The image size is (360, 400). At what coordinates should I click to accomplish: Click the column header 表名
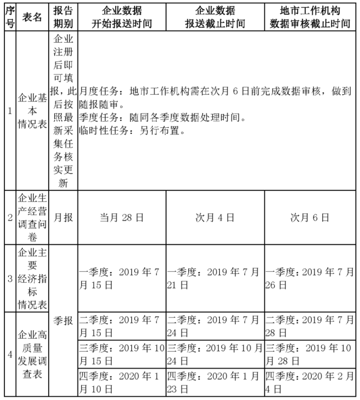pos(32,18)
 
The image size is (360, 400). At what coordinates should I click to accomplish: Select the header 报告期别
pos(63,18)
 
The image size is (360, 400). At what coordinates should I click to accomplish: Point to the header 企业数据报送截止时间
pos(215,18)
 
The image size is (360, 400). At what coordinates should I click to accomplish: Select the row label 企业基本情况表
pos(32,111)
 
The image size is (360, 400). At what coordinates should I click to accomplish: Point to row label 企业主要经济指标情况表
pos(32,278)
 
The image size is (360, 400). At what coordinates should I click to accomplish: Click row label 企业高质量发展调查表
pos(32,354)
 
